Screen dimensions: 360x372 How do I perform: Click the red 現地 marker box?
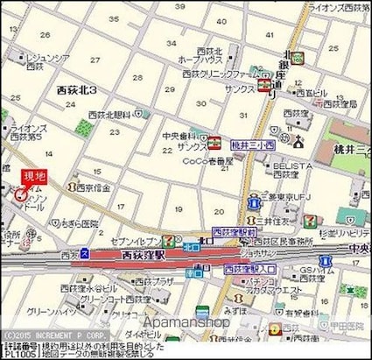point(33,177)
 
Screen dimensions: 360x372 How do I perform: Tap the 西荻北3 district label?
point(76,90)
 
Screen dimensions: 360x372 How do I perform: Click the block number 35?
point(112,18)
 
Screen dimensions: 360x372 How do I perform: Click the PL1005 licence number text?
point(18,354)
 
